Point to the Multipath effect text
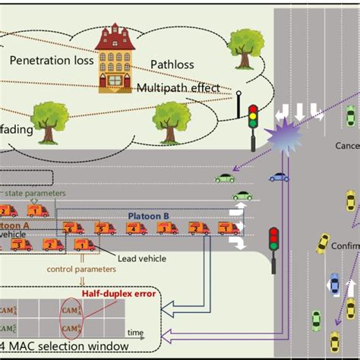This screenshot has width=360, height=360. tap(178, 88)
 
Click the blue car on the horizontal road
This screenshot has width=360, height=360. tap(279, 178)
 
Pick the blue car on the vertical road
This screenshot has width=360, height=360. tap(333, 285)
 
